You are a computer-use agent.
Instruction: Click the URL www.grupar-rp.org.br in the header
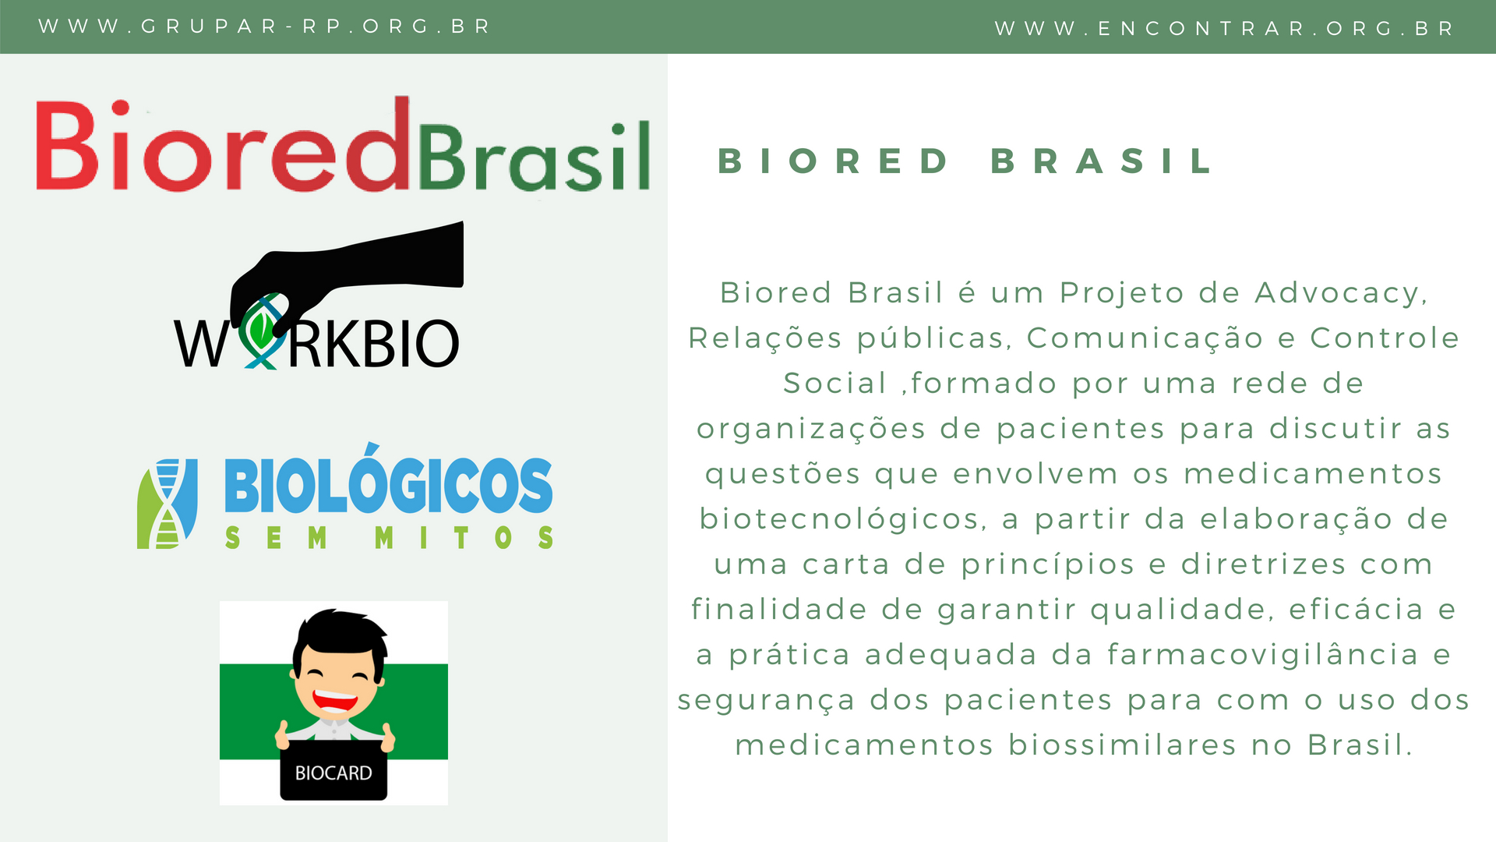click(x=264, y=27)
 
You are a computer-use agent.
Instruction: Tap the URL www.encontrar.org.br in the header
click(x=1224, y=29)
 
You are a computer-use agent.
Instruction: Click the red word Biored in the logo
click(x=223, y=144)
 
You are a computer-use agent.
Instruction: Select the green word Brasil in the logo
click(x=535, y=156)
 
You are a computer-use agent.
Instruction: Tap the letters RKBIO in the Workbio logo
click(x=374, y=343)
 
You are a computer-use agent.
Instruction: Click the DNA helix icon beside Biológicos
click(x=168, y=504)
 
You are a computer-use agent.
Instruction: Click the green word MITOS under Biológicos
click(x=464, y=537)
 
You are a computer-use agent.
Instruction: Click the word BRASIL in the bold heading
click(x=1102, y=161)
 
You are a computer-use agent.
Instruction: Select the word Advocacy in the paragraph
click(x=1341, y=294)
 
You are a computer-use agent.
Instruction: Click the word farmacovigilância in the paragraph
click(x=1263, y=654)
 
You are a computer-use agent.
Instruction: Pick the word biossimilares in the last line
click(x=1122, y=745)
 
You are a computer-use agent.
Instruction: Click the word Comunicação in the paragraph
click(x=1145, y=339)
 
